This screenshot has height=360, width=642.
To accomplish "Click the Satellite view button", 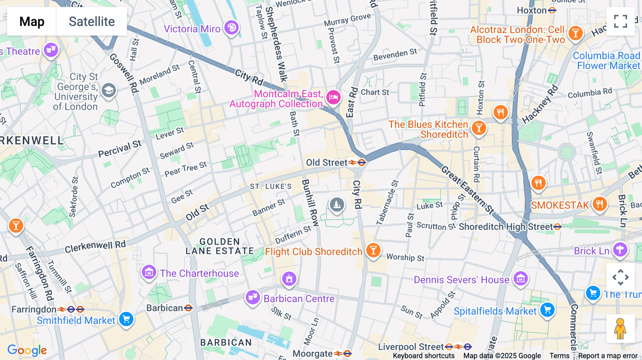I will (x=92, y=21).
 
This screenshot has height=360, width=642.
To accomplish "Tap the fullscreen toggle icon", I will (x=620, y=21).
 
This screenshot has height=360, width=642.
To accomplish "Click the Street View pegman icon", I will (x=620, y=328).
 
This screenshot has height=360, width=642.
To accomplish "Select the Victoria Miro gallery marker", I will (x=231, y=27).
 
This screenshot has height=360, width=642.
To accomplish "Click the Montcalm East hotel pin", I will (x=333, y=97).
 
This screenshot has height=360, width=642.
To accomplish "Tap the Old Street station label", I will (x=327, y=163).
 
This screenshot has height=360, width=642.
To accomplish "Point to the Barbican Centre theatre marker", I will (x=253, y=297).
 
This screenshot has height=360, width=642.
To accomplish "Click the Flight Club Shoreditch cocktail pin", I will (x=373, y=250).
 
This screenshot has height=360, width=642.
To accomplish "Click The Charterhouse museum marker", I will (x=149, y=272).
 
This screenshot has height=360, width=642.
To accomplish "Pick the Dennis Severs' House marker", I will (x=520, y=278).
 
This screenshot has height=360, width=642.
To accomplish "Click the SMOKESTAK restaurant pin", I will (x=600, y=204).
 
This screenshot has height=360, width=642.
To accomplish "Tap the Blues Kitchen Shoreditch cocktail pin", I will (x=479, y=128).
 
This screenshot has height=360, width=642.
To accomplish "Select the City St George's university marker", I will (x=109, y=91).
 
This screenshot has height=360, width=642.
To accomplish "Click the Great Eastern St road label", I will (x=468, y=190).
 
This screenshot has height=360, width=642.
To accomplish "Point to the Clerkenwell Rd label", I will (x=95, y=246).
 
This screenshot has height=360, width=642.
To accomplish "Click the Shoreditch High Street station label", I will (x=506, y=227).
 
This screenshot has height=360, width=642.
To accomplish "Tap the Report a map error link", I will (x=608, y=355).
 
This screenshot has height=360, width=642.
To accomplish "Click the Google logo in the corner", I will (x=27, y=350).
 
